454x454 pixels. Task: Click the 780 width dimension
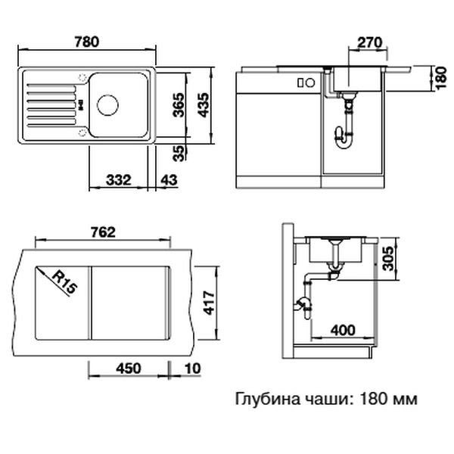[x=88, y=43]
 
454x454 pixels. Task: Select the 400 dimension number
[x=343, y=330]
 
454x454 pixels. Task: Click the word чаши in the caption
[x=325, y=399]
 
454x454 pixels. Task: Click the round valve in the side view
[x=302, y=304]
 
